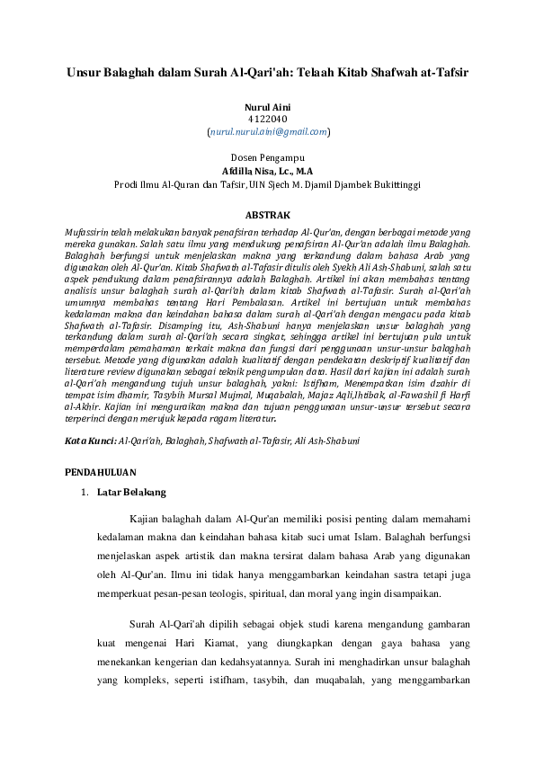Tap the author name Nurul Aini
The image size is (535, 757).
(x=267, y=107)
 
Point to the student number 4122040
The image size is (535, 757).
(x=267, y=119)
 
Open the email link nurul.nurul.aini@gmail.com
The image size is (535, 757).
(x=268, y=131)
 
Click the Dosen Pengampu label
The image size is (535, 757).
(x=267, y=157)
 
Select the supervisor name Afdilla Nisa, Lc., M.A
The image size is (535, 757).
(x=267, y=170)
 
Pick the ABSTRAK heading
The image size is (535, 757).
(x=267, y=216)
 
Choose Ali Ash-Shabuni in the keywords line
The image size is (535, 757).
(x=327, y=441)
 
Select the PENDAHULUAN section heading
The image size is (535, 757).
(x=100, y=472)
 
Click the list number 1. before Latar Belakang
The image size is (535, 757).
(x=84, y=493)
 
